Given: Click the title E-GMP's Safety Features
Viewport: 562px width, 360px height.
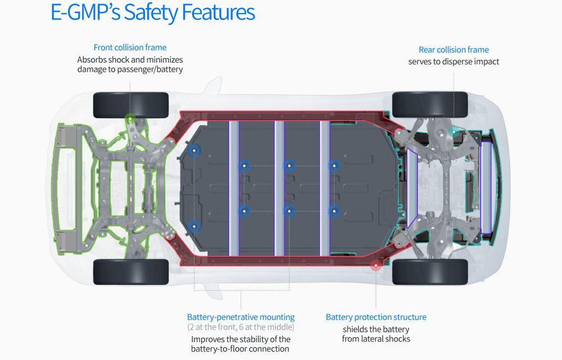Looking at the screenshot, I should [x=152, y=12].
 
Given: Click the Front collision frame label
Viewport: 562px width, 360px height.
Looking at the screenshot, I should [x=130, y=48].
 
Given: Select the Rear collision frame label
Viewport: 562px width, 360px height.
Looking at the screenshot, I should [x=454, y=50].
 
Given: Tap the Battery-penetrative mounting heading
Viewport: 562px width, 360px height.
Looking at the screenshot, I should [x=241, y=317].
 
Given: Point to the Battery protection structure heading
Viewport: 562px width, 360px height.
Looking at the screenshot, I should [x=376, y=317].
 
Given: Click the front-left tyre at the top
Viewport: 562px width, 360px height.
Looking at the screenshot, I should [x=131, y=104].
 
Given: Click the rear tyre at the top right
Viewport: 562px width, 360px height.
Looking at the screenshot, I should [x=430, y=104].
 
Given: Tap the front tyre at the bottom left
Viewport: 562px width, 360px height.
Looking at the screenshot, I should [x=131, y=272].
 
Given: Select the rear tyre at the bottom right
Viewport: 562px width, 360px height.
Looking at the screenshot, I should [x=430, y=272].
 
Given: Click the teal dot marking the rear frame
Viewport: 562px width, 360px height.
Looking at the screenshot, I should [x=454, y=133].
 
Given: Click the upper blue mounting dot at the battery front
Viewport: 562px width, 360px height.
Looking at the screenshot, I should [x=194, y=150].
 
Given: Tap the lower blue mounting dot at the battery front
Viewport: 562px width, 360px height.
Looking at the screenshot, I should [x=194, y=227].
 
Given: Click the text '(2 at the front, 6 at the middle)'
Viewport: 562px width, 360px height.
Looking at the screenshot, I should [x=241, y=327].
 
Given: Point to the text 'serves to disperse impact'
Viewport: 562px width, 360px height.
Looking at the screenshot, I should [x=454, y=62].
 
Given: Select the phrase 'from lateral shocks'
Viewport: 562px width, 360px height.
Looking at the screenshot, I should [x=376, y=339].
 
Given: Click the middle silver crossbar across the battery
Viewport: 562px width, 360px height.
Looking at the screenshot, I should [x=279, y=188].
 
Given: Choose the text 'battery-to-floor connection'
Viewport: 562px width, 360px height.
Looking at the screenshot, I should [x=241, y=349].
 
